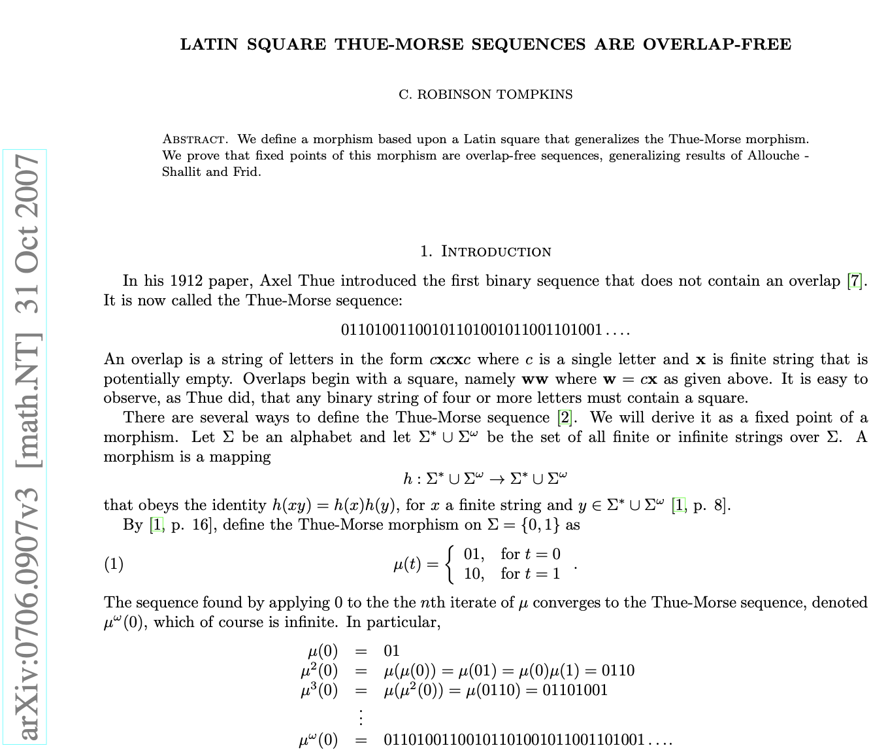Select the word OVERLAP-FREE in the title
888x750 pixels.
click(717, 44)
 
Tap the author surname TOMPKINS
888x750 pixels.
click(534, 94)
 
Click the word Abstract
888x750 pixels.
click(195, 139)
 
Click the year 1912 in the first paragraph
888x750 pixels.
click(186, 281)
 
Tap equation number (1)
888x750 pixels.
click(114, 564)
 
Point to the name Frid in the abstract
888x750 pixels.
click(246, 172)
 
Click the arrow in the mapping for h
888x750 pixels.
click(497, 479)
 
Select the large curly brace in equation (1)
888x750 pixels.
click(451, 564)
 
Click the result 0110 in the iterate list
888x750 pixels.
click(617, 670)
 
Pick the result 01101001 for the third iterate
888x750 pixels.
click(575, 690)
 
